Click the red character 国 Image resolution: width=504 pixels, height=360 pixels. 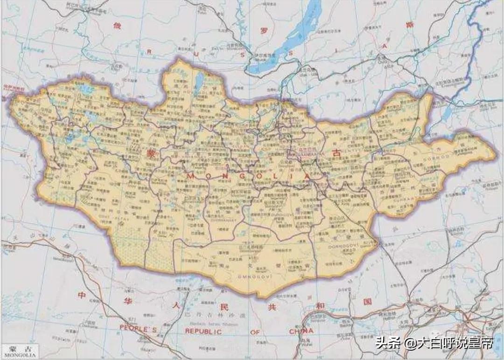pyautogui.click(x=368, y=302)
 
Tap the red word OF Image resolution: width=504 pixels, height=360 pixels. pyautogui.click(x=254, y=331)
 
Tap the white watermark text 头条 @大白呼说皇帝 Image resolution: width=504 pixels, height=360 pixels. pyautogui.click(x=434, y=345)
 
